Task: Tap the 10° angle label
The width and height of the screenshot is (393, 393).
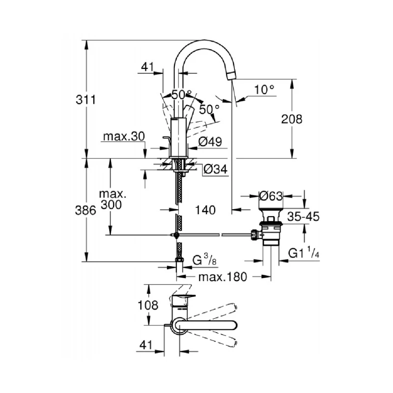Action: tap(264, 89)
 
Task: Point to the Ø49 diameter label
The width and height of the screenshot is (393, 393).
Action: tap(210, 142)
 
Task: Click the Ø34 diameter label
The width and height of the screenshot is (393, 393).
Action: tap(215, 169)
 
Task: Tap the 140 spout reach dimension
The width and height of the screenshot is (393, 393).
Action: tap(205, 210)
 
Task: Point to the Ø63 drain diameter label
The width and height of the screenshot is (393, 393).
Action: tap(271, 196)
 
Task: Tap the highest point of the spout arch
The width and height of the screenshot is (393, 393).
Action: tap(201, 40)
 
